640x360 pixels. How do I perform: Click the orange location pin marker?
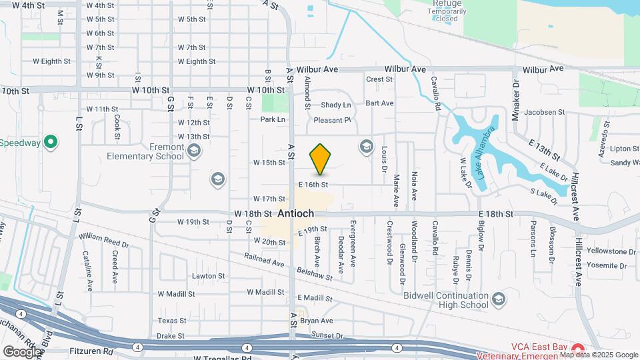coord(320,159)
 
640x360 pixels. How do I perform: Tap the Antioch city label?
coord(296,213)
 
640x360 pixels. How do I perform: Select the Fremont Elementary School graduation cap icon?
coord(193,151)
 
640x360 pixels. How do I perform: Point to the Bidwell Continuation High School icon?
coord(497,301)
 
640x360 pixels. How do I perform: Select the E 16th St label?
coord(313,184)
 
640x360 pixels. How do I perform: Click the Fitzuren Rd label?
coord(91,350)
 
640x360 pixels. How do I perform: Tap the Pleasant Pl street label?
coord(333,120)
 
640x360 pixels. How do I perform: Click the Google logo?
coord(22,351)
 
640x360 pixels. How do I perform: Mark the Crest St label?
coord(379,79)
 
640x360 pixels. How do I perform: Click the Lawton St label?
coord(209,276)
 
